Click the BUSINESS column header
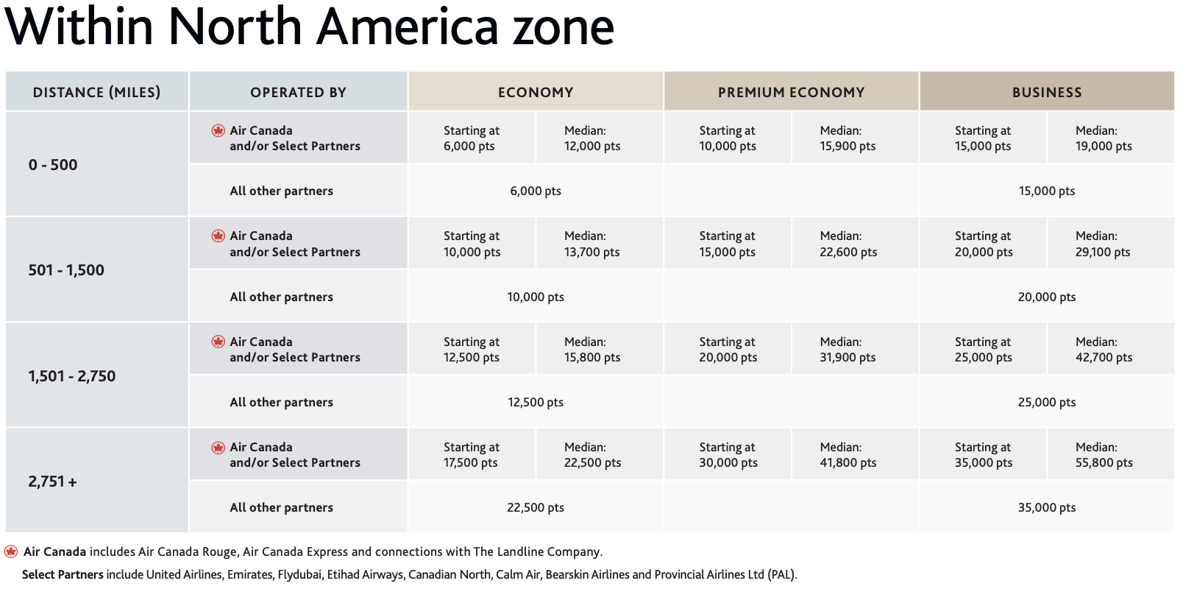click(1046, 92)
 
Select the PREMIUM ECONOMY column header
click(791, 92)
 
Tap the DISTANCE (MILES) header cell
click(96, 92)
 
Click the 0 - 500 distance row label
click(53, 165)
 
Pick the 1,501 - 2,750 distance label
click(72, 376)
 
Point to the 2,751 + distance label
click(52, 482)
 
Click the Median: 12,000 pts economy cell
click(591, 138)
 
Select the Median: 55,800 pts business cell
click(1104, 455)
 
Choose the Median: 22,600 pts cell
click(848, 244)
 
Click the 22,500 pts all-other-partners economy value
click(536, 507)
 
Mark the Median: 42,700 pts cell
click(1104, 350)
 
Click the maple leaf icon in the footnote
click(11, 551)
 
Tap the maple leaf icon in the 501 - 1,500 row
click(219, 236)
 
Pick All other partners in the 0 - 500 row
click(281, 191)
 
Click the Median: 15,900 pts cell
click(848, 138)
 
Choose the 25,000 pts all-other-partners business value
click(1046, 402)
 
